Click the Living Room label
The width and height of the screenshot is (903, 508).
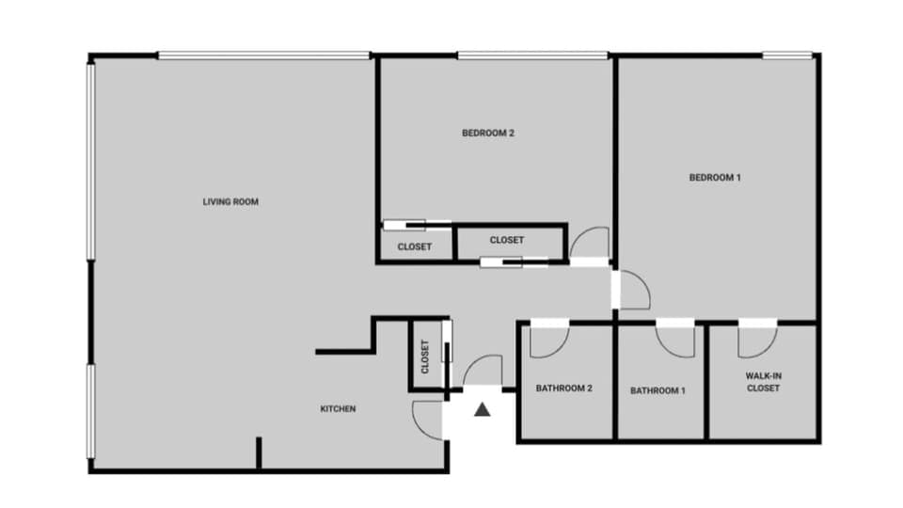[x=230, y=201]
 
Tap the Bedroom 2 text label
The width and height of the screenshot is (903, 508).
[x=487, y=133]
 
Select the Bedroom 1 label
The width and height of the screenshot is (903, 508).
[x=715, y=177]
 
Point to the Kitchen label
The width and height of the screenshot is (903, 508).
[x=338, y=408]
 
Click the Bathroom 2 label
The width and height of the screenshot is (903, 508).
[x=563, y=389]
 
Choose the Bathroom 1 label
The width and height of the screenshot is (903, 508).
[x=657, y=389]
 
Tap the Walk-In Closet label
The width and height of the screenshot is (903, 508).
[x=763, y=382]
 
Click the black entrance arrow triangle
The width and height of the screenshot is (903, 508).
[x=483, y=409]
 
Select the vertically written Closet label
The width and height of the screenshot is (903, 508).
[x=425, y=357]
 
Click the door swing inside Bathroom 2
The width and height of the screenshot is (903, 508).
[x=547, y=341]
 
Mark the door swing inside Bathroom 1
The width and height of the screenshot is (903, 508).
[x=675, y=340]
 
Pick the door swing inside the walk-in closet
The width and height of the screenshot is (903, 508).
[x=755, y=341]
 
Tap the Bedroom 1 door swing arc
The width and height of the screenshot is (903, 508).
[x=633, y=291]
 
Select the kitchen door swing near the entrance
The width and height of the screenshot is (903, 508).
[x=427, y=419]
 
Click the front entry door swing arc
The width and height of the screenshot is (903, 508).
[x=483, y=371]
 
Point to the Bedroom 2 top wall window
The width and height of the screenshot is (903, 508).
[x=532, y=56]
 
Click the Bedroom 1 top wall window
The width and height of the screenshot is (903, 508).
[x=787, y=56]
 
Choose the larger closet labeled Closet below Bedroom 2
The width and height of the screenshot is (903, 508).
[x=506, y=241]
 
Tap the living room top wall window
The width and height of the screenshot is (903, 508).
[x=263, y=56]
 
